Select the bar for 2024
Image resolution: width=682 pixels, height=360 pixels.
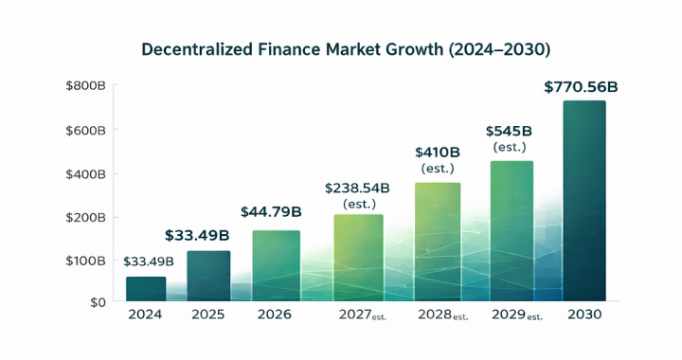[x=146, y=289]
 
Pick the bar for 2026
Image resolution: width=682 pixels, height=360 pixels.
[x=276, y=265]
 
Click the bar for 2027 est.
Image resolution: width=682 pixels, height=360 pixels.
[x=358, y=258]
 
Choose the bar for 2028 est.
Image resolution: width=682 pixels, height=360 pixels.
[x=437, y=242]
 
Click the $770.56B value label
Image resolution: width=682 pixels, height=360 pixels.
[x=581, y=87]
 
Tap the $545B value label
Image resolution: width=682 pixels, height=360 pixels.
[x=510, y=131]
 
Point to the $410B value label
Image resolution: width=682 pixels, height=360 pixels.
[x=438, y=152]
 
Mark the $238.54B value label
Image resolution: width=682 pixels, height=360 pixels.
[x=357, y=188]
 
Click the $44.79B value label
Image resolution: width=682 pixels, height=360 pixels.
[x=271, y=210]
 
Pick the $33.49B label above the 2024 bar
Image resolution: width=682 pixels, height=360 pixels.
[x=149, y=261]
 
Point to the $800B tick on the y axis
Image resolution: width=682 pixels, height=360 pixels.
[x=85, y=86]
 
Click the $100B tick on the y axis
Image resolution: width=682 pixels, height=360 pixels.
[x=85, y=260]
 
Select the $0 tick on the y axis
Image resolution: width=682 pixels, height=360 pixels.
[x=98, y=302]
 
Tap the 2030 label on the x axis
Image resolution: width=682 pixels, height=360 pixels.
[x=583, y=315]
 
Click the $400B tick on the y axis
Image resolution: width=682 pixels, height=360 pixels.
[x=85, y=173]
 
